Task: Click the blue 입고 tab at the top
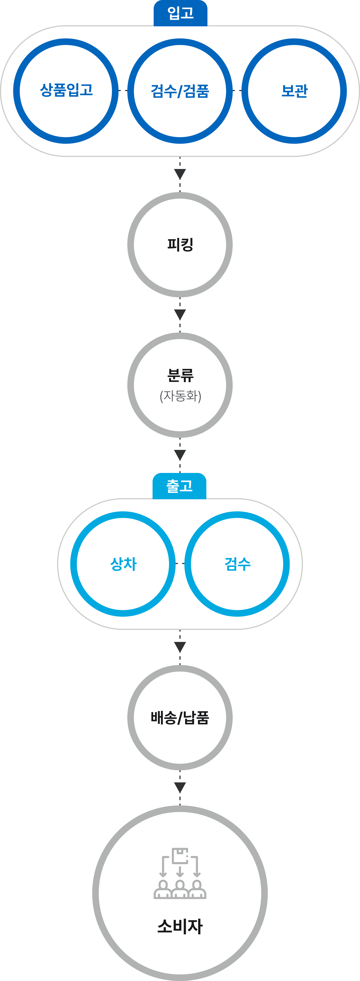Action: tap(180, 13)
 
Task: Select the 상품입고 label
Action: tap(66, 90)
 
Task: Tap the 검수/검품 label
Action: tap(180, 91)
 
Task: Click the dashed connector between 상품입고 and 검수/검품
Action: tap(123, 91)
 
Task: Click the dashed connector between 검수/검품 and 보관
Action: tap(237, 91)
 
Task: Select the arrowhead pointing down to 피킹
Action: tap(180, 174)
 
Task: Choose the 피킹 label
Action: tap(180, 244)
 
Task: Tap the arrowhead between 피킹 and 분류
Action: tap(180, 315)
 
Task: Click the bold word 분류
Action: tap(180, 375)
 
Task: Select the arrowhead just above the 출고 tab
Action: tap(180, 455)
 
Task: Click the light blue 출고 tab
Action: tap(179, 486)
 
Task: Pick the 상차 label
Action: tap(123, 564)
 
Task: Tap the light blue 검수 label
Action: tap(237, 564)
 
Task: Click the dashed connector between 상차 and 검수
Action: tap(180, 563)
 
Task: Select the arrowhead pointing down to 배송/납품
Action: tap(180, 647)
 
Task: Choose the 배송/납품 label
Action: tap(180, 717)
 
